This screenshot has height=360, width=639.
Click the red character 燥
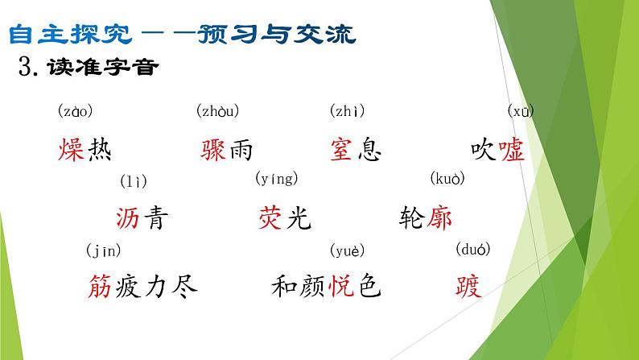point(72,150)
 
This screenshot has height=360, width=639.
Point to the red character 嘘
point(511,150)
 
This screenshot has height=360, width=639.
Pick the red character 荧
point(270,217)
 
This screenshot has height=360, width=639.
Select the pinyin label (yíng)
point(276,179)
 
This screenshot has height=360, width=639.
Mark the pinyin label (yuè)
point(348,250)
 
